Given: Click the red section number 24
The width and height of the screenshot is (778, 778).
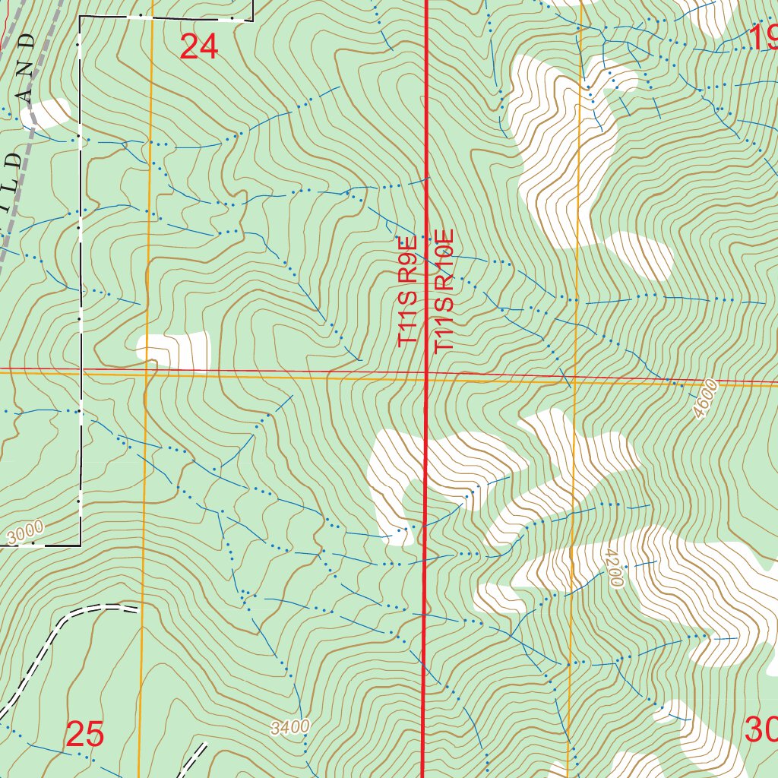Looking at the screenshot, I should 199,47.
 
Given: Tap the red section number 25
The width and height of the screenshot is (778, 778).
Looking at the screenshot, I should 84,735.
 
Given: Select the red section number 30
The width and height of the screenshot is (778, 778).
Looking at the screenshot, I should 761,730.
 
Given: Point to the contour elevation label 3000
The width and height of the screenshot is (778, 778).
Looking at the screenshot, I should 27,534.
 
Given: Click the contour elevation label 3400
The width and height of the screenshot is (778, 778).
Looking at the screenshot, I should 290,727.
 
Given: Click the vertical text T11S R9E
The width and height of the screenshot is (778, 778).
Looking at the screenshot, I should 408,292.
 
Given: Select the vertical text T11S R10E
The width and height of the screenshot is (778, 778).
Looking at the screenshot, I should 444,290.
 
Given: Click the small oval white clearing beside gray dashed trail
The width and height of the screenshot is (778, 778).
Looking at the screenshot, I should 46,113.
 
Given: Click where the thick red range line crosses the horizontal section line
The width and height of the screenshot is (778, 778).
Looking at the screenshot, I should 425,374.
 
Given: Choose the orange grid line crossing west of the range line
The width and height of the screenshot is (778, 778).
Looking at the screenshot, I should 147,373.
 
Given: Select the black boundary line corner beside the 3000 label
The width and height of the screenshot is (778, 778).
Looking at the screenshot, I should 81,545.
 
